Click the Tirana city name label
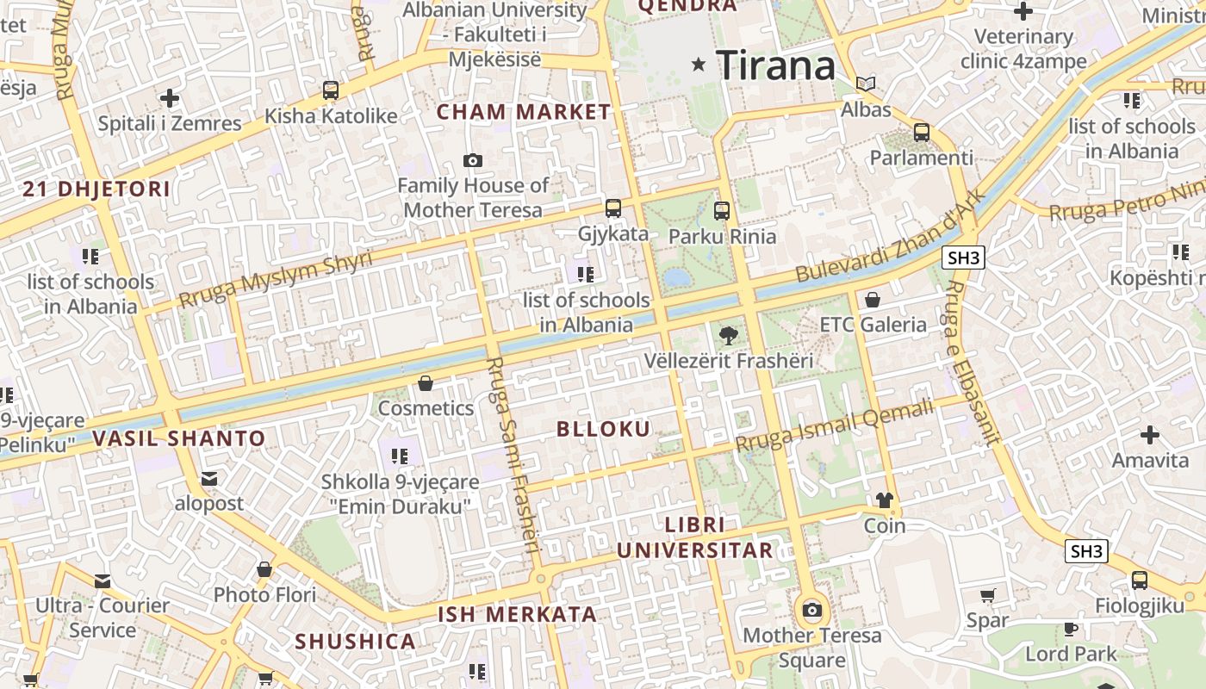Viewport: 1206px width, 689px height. point(775,65)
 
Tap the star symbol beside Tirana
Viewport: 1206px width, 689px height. point(699,65)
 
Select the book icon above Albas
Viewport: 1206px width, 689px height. point(866,84)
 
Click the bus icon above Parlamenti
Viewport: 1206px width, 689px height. point(922,133)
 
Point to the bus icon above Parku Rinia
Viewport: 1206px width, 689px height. point(722,210)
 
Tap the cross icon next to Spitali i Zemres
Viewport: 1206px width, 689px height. point(170,98)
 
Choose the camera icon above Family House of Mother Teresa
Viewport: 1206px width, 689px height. point(472,160)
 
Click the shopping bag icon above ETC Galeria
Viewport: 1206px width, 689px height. point(873,300)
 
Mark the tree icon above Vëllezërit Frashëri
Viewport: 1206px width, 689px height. point(729,335)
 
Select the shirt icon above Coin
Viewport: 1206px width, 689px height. point(885,500)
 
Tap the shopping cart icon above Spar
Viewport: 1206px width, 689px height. point(987,595)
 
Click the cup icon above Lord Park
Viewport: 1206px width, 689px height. point(1071,629)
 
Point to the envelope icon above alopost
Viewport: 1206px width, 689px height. point(209,479)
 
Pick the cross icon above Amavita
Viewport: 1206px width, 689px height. point(1149,435)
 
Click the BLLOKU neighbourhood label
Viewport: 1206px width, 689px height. point(603,429)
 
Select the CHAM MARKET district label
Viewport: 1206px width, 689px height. point(524,112)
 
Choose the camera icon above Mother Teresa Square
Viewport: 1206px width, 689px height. point(811,611)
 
